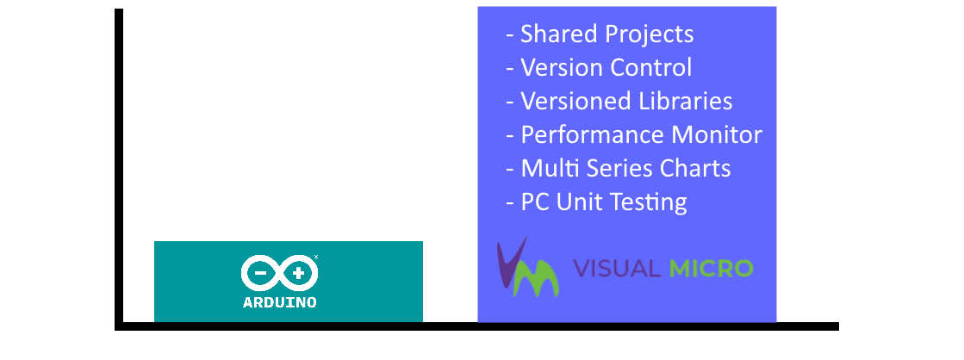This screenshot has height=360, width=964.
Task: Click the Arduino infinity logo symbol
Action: click(x=280, y=273)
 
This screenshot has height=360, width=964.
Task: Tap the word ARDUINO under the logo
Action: click(x=280, y=302)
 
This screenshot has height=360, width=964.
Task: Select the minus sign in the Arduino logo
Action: click(x=260, y=273)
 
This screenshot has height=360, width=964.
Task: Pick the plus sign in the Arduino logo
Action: click(x=299, y=273)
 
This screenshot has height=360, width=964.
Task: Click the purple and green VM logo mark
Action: click(x=527, y=268)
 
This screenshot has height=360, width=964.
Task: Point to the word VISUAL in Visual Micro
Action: click(x=617, y=269)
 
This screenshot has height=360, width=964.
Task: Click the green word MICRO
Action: click(x=711, y=269)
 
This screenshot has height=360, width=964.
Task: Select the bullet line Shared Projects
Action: click(x=600, y=34)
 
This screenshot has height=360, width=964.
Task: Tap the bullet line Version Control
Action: click(x=599, y=67)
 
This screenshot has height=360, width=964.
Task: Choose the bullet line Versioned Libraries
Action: click(x=619, y=102)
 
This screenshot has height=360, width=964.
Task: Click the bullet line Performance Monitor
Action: click(x=634, y=134)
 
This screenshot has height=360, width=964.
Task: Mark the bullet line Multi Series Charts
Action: click(x=618, y=168)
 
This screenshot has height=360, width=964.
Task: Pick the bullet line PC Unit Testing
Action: click(x=596, y=202)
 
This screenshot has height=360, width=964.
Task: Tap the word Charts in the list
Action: click(x=695, y=168)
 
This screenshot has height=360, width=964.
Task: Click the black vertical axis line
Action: click(x=119, y=169)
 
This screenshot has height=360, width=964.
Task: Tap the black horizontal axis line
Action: click(x=476, y=326)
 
